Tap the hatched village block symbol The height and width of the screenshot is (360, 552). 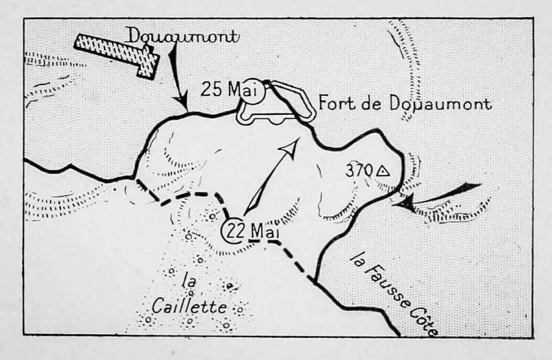(x=118, y=53)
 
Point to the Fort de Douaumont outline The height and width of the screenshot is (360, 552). (x=277, y=105)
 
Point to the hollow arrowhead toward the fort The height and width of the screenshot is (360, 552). (x=291, y=147)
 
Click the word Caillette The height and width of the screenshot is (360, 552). (x=181, y=306)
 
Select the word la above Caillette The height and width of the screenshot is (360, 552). (x=188, y=282)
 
